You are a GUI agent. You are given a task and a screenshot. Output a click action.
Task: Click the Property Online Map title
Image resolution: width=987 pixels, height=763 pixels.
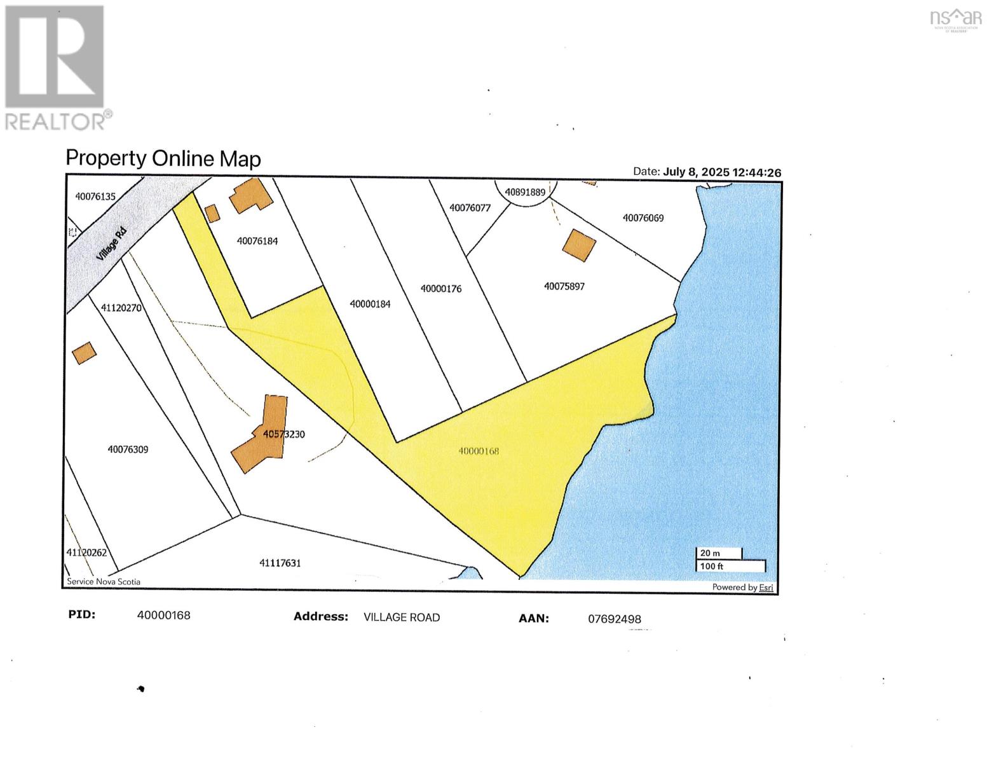[x=163, y=158]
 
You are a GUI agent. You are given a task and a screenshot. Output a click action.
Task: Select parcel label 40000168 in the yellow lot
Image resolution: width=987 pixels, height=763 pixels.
[x=479, y=451]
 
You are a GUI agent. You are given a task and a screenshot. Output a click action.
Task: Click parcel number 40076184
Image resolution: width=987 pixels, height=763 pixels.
[x=257, y=241]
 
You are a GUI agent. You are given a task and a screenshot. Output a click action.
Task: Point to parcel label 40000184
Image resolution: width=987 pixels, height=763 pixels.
[x=370, y=304]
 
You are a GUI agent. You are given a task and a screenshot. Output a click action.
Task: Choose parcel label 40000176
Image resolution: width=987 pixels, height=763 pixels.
[x=441, y=289]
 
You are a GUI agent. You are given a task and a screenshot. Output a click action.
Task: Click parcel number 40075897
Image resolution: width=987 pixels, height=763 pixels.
[x=564, y=286]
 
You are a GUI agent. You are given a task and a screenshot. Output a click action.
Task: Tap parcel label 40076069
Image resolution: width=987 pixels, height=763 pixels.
[x=643, y=218]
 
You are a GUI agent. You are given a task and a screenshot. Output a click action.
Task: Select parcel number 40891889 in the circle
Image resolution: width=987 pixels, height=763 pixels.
[x=525, y=192]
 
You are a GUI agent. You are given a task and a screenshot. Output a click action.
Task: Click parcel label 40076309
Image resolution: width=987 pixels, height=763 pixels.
[x=128, y=450]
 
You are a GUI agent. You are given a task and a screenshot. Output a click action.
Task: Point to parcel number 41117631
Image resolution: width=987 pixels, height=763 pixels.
[x=280, y=563]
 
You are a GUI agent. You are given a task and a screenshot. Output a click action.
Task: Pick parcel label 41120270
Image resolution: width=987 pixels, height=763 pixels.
[x=121, y=308]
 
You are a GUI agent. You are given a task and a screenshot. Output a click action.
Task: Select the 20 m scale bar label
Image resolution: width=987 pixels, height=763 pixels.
[x=710, y=553]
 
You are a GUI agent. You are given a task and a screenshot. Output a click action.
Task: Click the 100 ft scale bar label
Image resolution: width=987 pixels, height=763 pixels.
[x=712, y=566]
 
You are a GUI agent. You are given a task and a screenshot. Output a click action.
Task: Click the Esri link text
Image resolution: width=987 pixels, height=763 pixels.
[x=766, y=588]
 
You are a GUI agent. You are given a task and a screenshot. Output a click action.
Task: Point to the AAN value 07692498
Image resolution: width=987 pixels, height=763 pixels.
[x=615, y=619]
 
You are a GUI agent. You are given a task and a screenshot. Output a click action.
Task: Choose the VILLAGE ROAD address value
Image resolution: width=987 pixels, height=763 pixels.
[x=402, y=617]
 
